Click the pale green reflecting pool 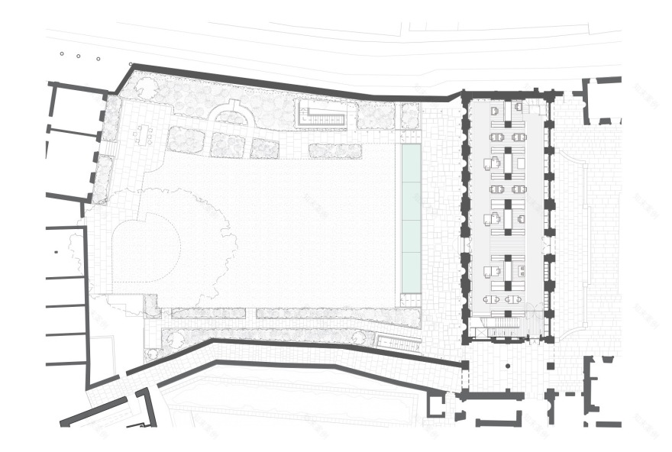[411, 218]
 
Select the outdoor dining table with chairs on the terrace [143, 136]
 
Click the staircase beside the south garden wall [399, 343]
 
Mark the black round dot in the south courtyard [507, 366]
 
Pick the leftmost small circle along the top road [62, 53]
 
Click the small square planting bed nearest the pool [410, 116]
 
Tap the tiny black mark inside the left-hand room [56, 251]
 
